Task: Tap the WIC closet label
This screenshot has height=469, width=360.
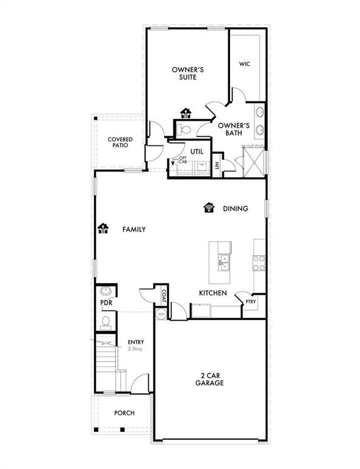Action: tap(245, 64)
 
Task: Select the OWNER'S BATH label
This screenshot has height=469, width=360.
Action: tap(234, 129)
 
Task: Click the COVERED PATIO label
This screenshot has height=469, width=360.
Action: tap(121, 143)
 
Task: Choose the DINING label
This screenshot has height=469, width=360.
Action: tap(235, 209)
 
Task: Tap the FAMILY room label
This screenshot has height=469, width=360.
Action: tap(134, 230)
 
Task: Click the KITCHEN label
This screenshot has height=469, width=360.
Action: tap(213, 293)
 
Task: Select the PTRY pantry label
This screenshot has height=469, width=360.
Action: tap(251, 302)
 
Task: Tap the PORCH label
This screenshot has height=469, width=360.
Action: tap(124, 413)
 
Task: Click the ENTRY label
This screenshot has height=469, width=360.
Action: tap(135, 342)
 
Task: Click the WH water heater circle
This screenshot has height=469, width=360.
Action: tap(162, 313)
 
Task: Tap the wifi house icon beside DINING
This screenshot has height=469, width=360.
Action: tap(209, 208)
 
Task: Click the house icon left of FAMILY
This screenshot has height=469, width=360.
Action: tap(103, 228)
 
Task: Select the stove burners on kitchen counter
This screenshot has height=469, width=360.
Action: tap(259, 262)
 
